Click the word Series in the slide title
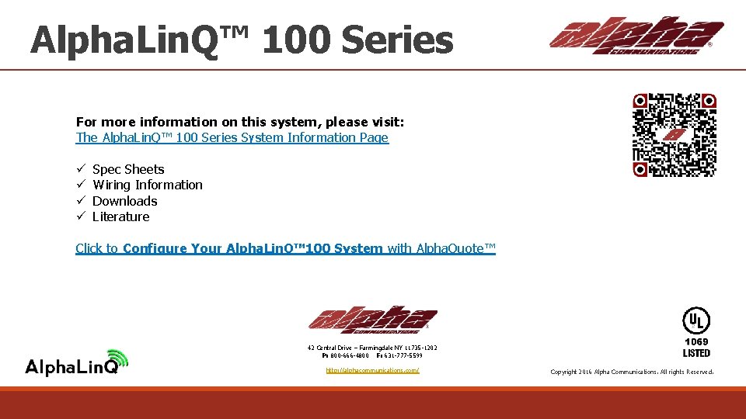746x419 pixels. (396, 40)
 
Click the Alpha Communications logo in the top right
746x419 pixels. (636, 36)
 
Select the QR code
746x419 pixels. (674, 135)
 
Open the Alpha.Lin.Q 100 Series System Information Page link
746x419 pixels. (232, 138)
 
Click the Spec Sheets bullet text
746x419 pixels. (128, 169)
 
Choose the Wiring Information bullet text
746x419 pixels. (147, 185)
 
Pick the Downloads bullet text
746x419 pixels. (124, 201)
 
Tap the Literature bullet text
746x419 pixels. (120, 216)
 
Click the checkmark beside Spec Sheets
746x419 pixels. (80, 169)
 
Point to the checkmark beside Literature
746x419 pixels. (80, 216)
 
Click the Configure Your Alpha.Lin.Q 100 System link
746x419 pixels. (253, 248)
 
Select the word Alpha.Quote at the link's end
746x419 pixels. (455, 248)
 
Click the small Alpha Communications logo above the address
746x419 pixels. (372, 319)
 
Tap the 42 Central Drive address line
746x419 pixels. (372, 348)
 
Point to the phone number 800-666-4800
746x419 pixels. (349, 355)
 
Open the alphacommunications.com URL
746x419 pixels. (372, 370)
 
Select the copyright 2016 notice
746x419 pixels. (631, 372)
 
